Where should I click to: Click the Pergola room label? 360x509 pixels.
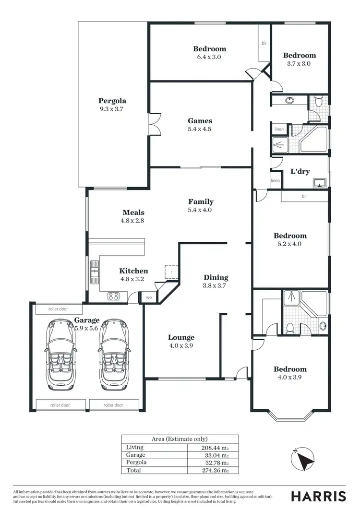coord(112,101)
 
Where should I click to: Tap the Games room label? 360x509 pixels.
coord(200,121)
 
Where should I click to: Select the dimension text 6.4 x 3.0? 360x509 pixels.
coord(209,57)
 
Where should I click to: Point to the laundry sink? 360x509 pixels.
coord(319,183)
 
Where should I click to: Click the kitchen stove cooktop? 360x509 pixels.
coord(114,296)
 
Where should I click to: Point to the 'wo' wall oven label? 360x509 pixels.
coord(149,297)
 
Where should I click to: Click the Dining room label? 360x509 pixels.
coord(216,277)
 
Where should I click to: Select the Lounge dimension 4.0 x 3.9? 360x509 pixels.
coord(181,345)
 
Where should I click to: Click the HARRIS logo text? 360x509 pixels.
coord(318,496)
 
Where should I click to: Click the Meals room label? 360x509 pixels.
coord(133,213)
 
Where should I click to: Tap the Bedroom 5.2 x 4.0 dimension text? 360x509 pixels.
coord(290,244)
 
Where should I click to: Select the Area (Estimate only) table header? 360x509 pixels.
coord(180,439)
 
